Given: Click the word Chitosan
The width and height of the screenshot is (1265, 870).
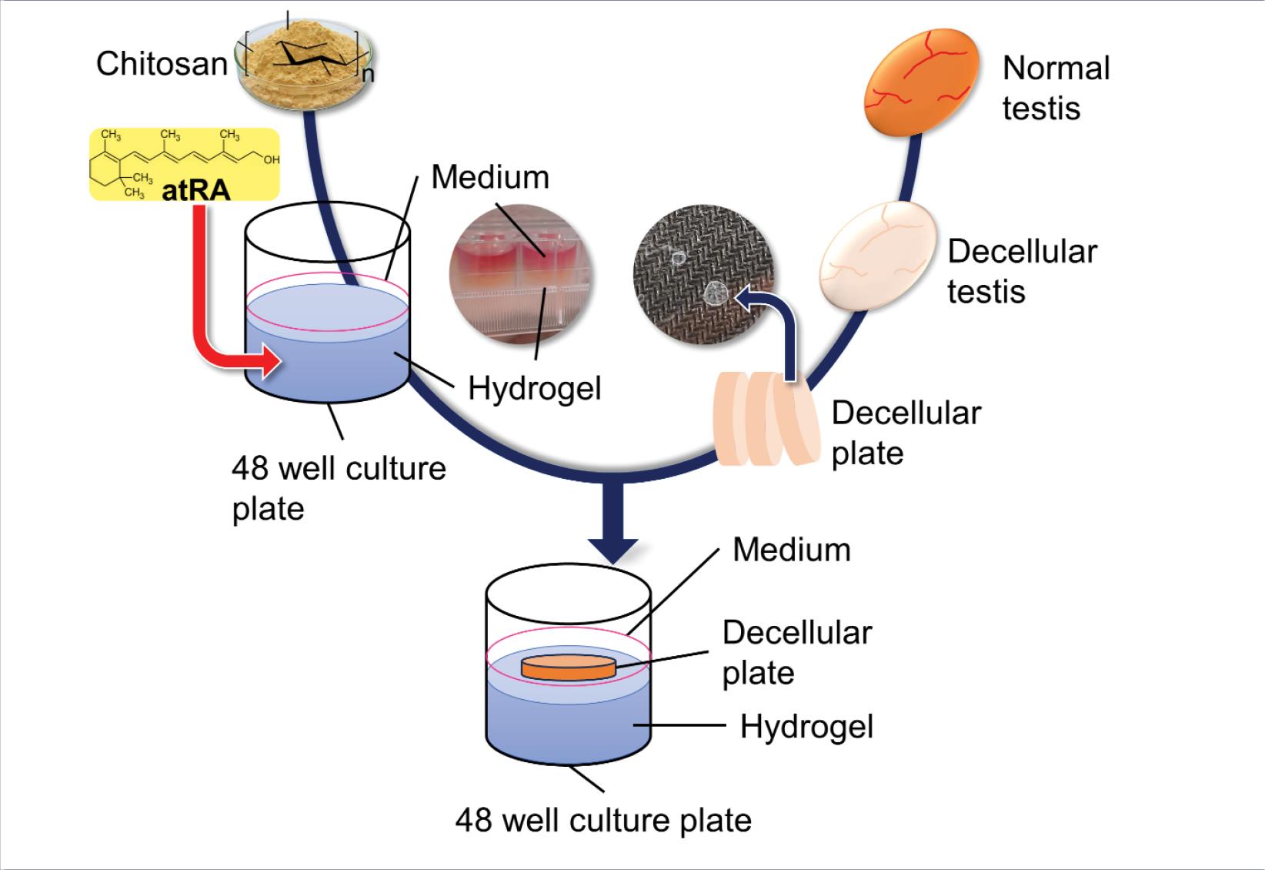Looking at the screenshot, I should point(162,64).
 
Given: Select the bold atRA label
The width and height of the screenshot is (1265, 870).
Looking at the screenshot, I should point(195,189).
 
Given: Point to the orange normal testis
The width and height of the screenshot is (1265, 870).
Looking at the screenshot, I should point(921,81).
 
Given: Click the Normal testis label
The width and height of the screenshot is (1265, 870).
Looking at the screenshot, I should point(1056,88).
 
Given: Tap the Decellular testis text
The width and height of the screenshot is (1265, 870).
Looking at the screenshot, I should point(1021,271).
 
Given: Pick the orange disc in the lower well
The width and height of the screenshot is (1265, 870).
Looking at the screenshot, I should point(569,667).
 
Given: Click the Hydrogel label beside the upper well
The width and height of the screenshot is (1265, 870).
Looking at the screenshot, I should point(534,388).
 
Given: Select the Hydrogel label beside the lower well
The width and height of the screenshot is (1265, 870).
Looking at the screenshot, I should point(806,726).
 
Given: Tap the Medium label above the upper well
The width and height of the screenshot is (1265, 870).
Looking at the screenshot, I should point(490,177).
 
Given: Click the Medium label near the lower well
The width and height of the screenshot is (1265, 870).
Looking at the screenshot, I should point(791,550).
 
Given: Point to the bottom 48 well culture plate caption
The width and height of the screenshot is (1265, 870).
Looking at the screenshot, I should point(603,820).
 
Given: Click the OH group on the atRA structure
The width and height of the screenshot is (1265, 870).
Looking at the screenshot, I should point(270,160).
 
